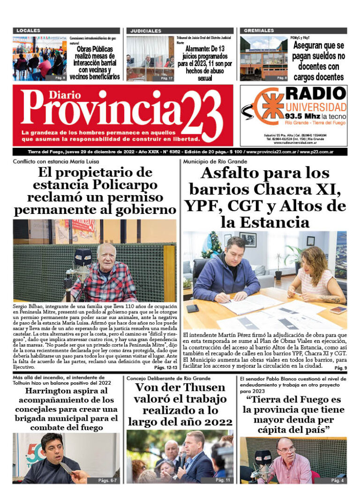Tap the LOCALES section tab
28,30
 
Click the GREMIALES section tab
259,30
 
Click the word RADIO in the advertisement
315,93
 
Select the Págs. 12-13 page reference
165,368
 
